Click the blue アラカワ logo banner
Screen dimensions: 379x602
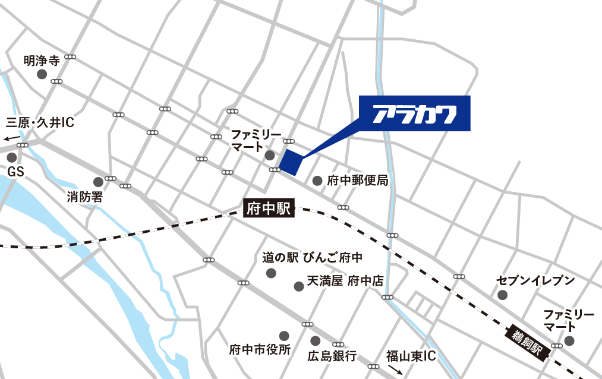tap(415, 113)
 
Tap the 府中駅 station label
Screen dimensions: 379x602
tap(269, 209)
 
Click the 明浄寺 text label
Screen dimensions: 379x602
tap(42, 60)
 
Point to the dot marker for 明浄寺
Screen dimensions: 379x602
tap(42, 74)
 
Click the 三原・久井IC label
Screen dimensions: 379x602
tap(39, 123)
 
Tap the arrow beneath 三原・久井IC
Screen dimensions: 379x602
tap(10, 137)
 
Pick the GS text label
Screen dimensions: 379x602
tap(15, 172)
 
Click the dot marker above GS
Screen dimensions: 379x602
tap(11, 158)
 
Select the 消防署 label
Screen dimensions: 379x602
tap(84, 197)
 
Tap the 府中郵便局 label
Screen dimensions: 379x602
tap(358, 180)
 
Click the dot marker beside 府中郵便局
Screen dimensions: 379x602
tap(317, 180)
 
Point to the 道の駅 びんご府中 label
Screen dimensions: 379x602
tap(313, 258)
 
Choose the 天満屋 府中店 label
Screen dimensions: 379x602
tap(345, 281)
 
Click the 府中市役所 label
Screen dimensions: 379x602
tap(260, 350)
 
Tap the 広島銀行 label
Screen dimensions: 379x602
tap(332, 356)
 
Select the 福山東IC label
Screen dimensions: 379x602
tap(411, 356)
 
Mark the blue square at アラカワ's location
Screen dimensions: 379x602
tap(291, 162)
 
